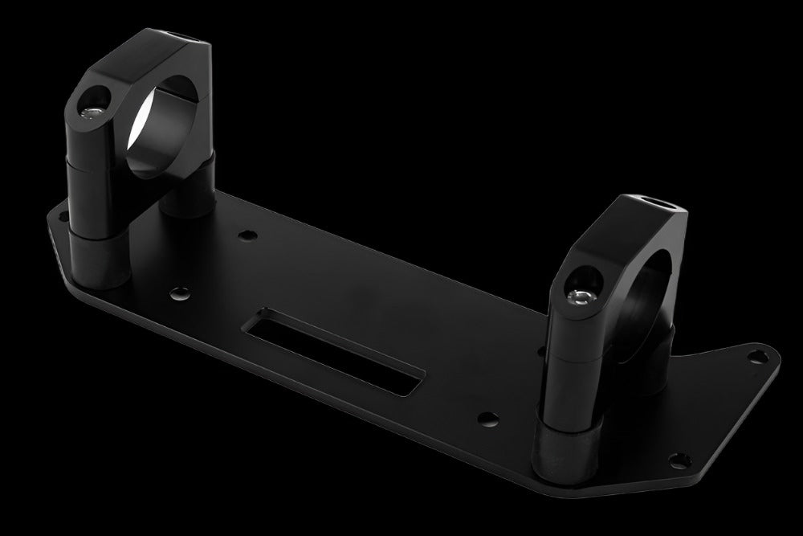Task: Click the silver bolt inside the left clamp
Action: coord(93,111)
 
